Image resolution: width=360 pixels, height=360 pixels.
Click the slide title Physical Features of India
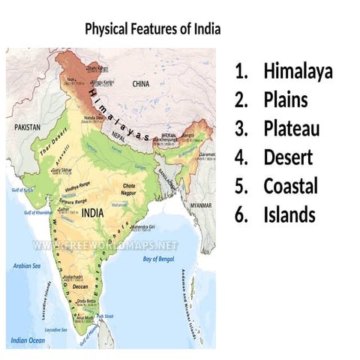coord(152,29)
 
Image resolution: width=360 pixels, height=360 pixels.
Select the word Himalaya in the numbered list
coord(298,72)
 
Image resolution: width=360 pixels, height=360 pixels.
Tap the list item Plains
coord(285,100)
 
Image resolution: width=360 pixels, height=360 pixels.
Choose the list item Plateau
coord(291,129)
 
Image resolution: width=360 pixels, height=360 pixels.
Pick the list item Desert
coord(288,157)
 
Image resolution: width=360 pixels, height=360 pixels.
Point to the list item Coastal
coord(290,186)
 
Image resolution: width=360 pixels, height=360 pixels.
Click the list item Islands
coord(289,215)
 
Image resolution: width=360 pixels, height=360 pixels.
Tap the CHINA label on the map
coord(141,85)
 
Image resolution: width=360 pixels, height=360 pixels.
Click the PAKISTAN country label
coord(28,128)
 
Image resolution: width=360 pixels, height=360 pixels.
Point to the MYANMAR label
coord(200,205)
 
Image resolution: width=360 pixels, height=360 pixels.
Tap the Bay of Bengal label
coord(159,259)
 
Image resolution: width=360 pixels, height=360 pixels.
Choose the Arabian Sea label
coord(27,265)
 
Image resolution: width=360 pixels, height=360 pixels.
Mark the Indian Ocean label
coord(26,341)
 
